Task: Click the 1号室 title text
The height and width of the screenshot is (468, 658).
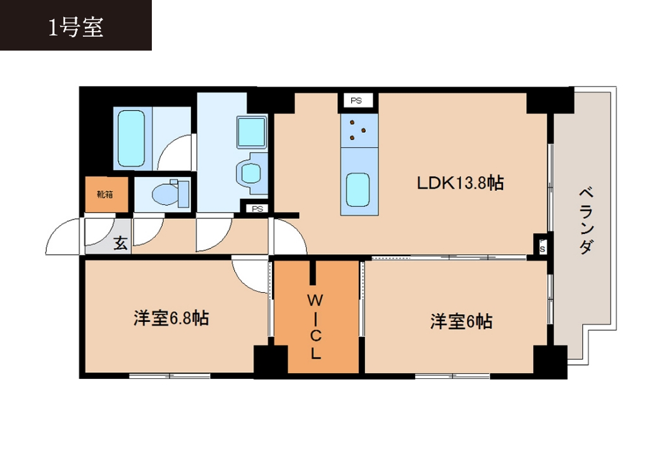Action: point(75,28)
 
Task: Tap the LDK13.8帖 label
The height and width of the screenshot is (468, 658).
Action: point(460,183)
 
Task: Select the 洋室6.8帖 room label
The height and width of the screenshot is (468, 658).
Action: point(171,318)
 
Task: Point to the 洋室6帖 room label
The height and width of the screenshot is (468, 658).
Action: point(461,322)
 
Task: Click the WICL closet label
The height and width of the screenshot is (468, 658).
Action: point(315,327)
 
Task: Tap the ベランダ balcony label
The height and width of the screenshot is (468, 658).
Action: point(587,221)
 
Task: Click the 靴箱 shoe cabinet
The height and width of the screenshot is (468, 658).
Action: point(106,194)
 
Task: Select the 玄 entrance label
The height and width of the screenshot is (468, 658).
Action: point(121,243)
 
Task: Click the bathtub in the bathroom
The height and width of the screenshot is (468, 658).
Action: point(132,139)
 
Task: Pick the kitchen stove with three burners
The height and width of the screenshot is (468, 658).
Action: point(359,130)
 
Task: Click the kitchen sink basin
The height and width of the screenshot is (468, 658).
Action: point(358,190)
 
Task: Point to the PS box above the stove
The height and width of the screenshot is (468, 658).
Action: point(356,101)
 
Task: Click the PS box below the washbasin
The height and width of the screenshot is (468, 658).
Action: point(258,209)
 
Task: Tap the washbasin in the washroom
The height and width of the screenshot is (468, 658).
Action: point(251,173)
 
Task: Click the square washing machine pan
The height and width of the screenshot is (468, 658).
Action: point(252,132)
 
